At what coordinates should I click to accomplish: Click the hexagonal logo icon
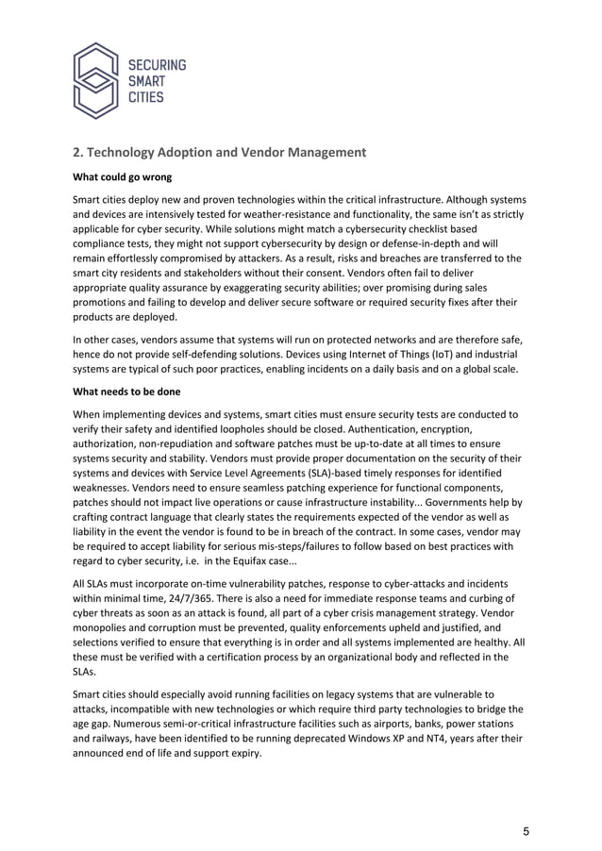click(97, 80)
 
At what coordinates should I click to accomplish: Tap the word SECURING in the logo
click(157, 65)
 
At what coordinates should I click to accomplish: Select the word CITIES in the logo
click(146, 97)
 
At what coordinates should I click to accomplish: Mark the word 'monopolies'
click(107, 627)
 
